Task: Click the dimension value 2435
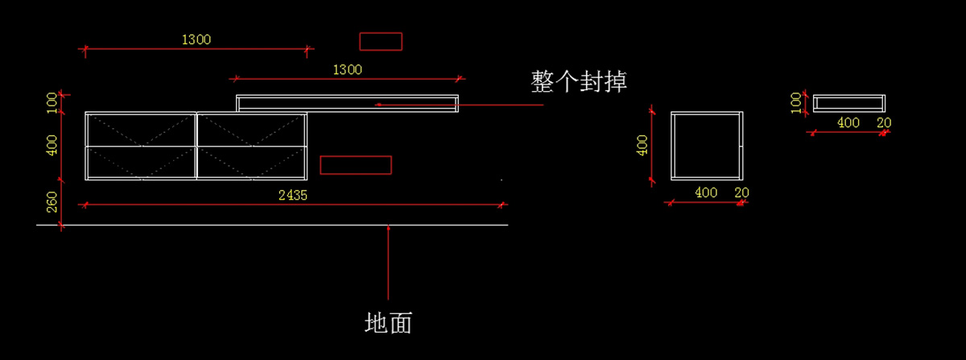click(293, 196)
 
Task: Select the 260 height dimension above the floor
click(52, 202)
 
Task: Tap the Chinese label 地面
click(388, 323)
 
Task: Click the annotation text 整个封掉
click(578, 81)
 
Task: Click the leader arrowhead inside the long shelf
click(378, 105)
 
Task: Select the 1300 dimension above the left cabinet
click(196, 39)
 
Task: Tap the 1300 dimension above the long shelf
click(347, 70)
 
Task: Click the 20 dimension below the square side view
click(741, 192)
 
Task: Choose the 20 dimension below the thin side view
click(884, 123)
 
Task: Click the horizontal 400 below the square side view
click(706, 192)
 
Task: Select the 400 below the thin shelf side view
click(848, 123)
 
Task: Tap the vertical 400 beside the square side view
click(642, 146)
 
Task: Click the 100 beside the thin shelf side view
click(796, 103)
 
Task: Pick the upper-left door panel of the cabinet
click(141, 130)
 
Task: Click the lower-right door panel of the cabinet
click(252, 163)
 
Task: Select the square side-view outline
click(671, 146)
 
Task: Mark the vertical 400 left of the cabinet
click(52, 146)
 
